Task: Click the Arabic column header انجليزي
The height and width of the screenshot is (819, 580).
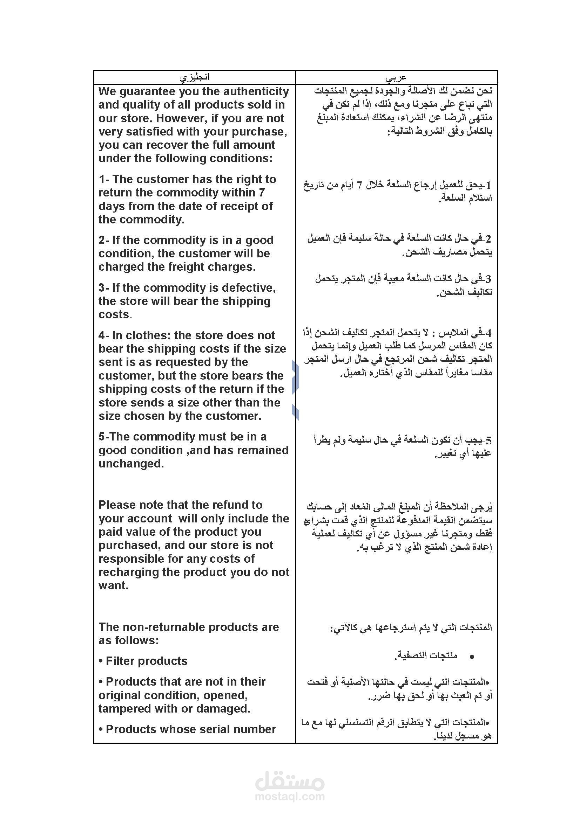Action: (x=194, y=77)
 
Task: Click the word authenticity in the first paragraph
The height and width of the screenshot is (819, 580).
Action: (x=256, y=92)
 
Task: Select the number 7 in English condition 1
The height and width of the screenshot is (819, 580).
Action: (x=262, y=193)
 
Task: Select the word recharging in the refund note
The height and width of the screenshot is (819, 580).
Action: (x=128, y=572)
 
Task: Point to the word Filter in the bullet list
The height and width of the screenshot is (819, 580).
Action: (x=121, y=661)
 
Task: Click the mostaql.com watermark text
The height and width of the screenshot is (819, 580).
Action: (x=290, y=796)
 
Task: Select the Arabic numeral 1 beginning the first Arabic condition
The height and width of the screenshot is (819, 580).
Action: (x=488, y=185)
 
